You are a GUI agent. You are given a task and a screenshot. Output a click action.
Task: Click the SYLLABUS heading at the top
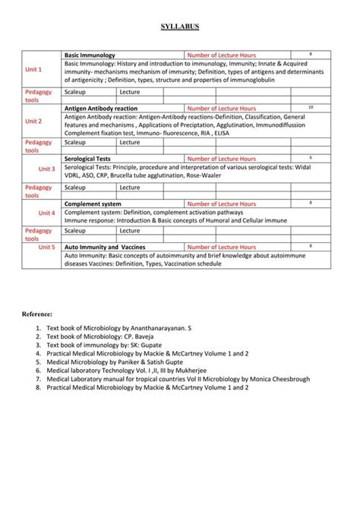pos(180,27)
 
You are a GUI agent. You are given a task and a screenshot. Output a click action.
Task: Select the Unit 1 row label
pos(33,69)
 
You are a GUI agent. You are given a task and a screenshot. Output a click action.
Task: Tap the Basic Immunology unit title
pos(90,55)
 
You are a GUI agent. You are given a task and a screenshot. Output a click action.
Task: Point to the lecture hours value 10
pos(311,107)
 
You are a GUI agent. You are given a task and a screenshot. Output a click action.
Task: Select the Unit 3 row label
pos(47,169)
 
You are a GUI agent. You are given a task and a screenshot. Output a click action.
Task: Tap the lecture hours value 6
pos(311,156)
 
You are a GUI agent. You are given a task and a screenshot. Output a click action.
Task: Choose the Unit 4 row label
pos(47,213)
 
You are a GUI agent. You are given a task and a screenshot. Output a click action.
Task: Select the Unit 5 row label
pos(47,247)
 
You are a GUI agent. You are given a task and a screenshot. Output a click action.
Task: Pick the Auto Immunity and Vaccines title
pos(105,247)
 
